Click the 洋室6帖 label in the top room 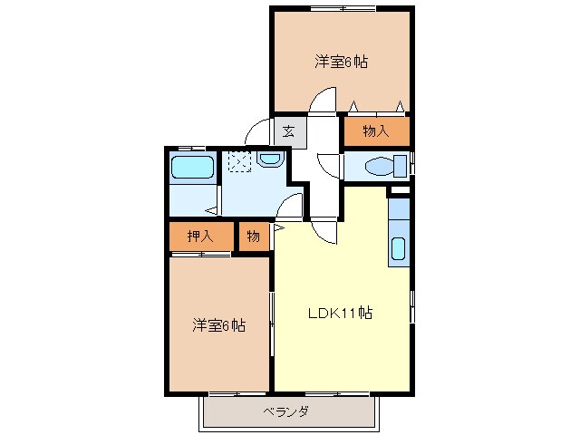(x=342, y=63)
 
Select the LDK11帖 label (x=339, y=314)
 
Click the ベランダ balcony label (x=286, y=412)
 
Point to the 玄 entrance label (x=288, y=130)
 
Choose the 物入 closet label (x=375, y=131)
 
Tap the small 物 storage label (x=253, y=237)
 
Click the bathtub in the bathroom (x=192, y=168)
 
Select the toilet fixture (x=382, y=166)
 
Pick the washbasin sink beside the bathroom (x=270, y=159)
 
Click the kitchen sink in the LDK (x=398, y=248)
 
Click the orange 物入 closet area (x=376, y=131)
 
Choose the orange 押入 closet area (x=200, y=237)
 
